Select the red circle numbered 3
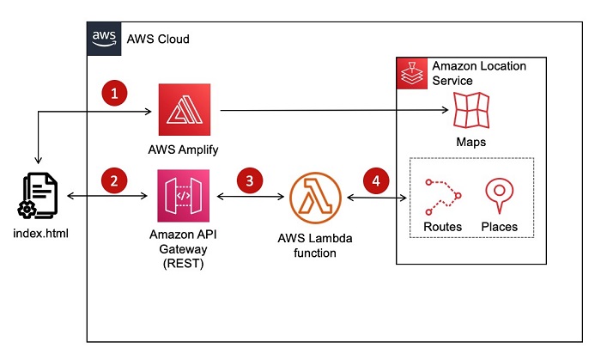[249, 180]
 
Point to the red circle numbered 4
[374, 180]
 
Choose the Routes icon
[442, 196]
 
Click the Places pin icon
[499, 196]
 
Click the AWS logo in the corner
[104, 39]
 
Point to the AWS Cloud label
[158, 40]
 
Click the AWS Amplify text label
[184, 149]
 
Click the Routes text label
[442, 227]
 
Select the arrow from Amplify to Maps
[335, 110]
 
